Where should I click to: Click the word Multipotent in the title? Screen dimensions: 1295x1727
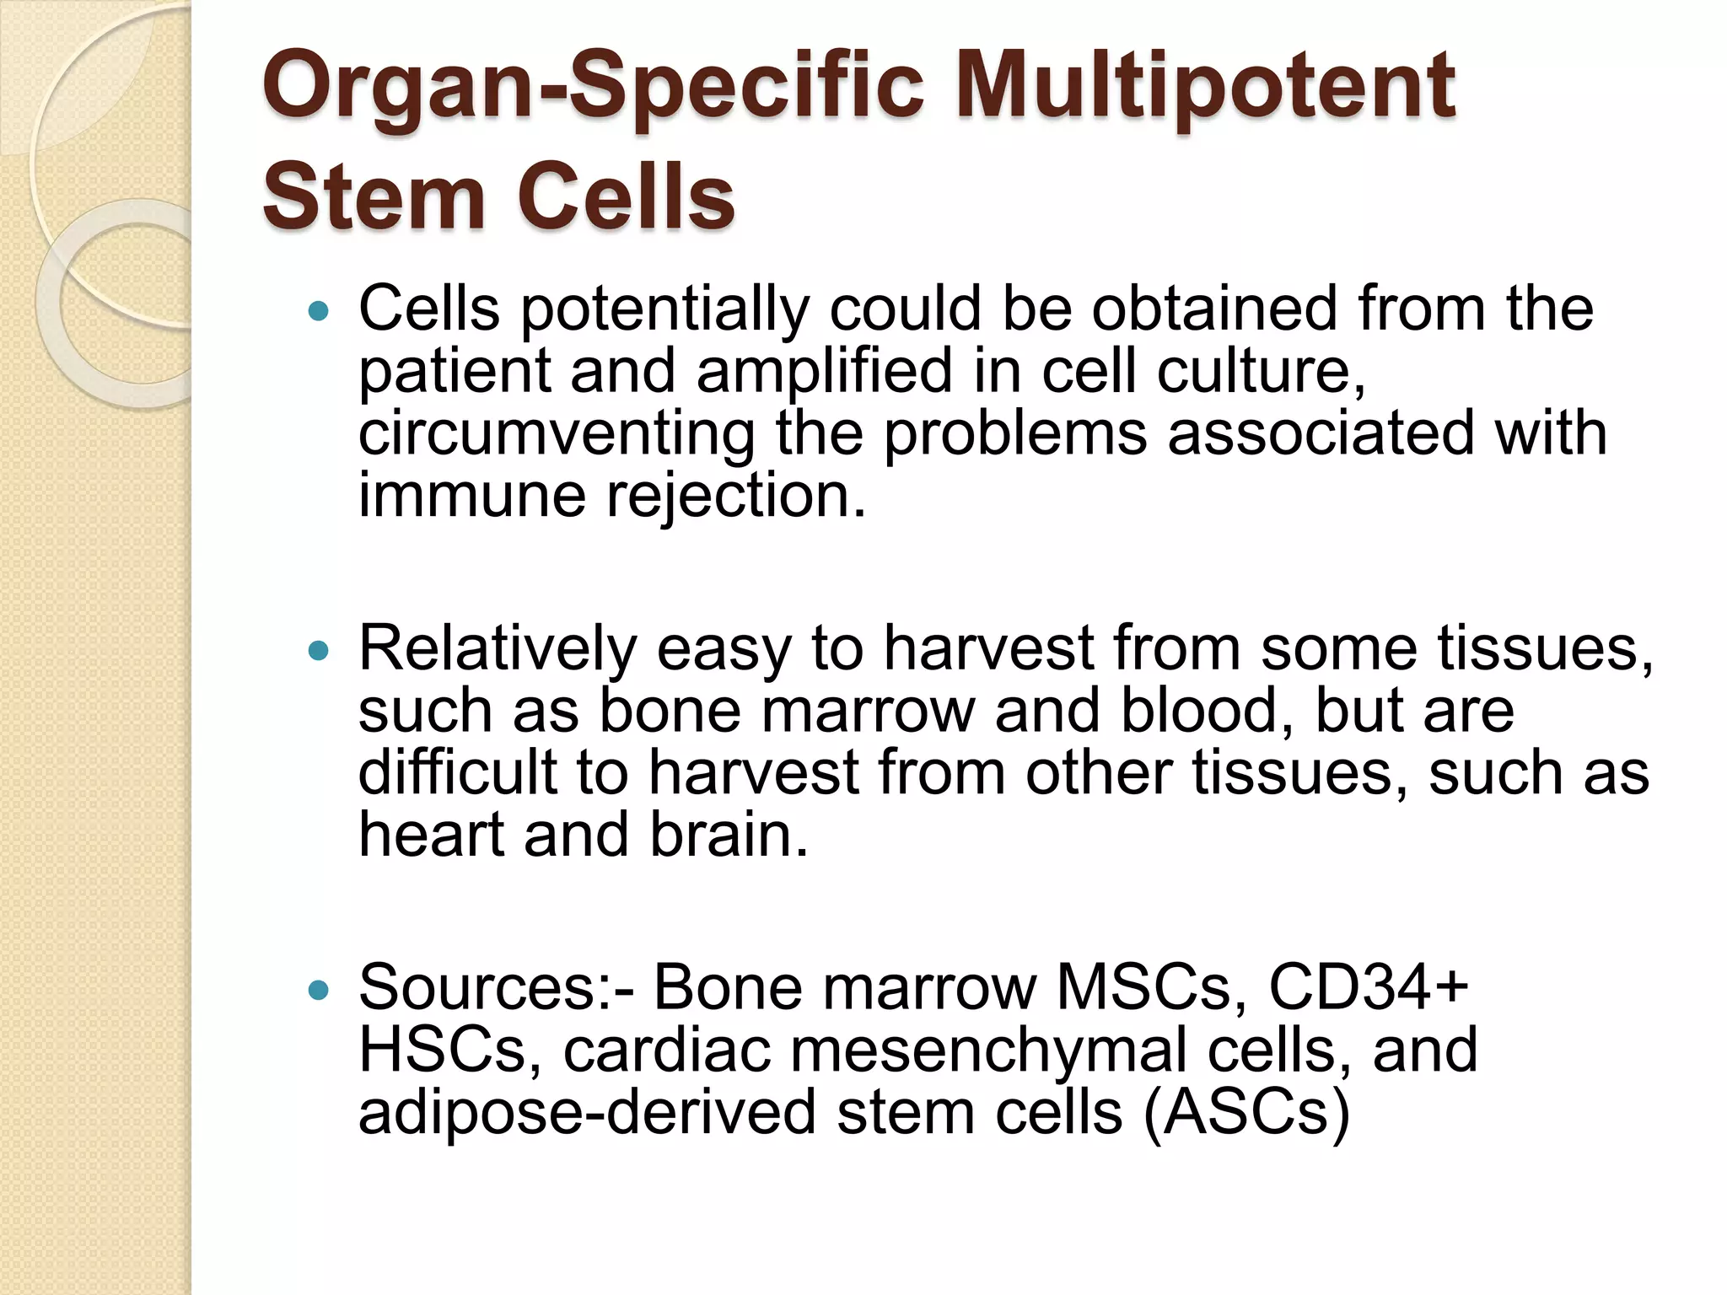point(1205,87)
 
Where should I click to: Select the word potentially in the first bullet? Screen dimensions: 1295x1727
point(664,310)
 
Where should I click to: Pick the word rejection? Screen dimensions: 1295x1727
point(736,496)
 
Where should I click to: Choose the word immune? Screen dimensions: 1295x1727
point(472,496)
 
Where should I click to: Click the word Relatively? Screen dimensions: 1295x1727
point(498,649)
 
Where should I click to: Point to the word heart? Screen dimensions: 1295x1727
point(431,835)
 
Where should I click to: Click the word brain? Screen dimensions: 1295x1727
point(729,835)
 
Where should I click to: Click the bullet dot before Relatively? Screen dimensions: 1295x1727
point(319,651)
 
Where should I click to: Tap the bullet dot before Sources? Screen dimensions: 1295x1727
point(319,991)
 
